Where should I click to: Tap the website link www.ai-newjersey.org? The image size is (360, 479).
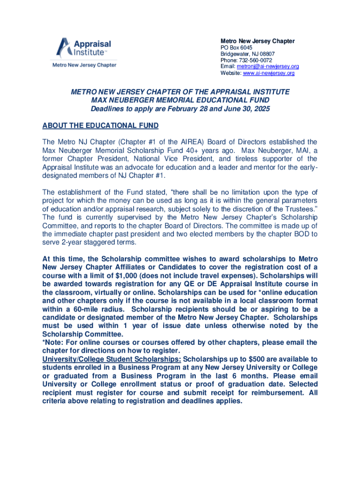268,73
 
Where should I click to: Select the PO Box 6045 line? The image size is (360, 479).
236,48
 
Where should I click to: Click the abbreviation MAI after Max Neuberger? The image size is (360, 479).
301,150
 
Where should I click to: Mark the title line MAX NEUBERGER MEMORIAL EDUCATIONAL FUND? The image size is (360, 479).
180,101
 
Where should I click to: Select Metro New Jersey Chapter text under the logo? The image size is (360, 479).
84,65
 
